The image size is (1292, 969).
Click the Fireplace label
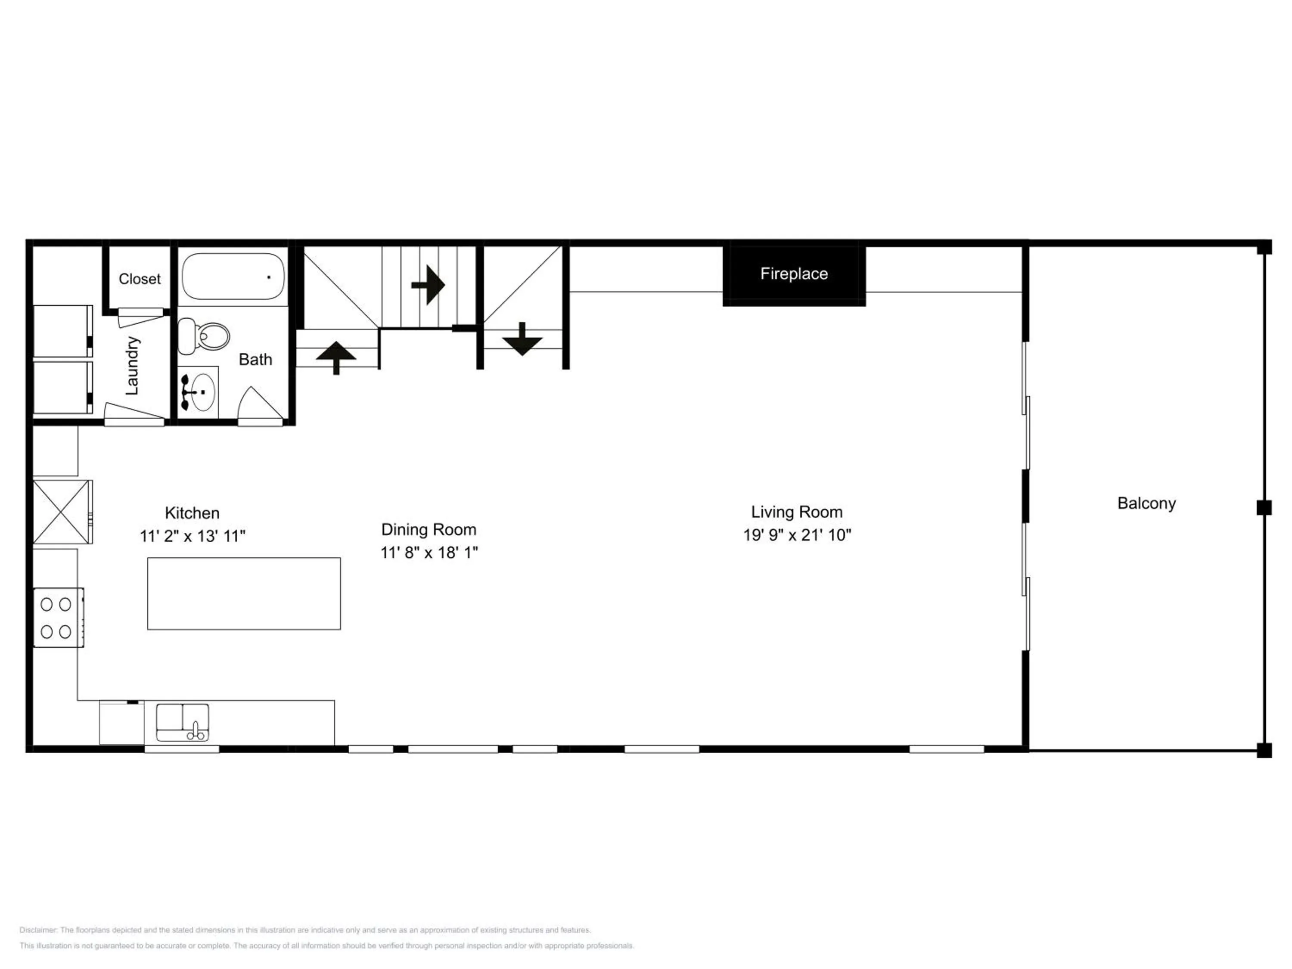[x=794, y=274]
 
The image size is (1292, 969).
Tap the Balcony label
[x=1146, y=503]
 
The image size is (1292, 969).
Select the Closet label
[x=140, y=279]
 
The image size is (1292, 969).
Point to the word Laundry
[x=133, y=366]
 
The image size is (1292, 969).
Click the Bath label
[x=255, y=359]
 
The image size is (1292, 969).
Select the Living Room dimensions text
[x=797, y=534]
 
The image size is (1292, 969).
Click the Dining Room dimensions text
[x=429, y=552]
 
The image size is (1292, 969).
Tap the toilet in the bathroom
[x=203, y=336]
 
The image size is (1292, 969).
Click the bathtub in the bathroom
[x=233, y=276]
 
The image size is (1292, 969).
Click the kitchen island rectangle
[x=244, y=593]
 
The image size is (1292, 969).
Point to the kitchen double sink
[x=182, y=723]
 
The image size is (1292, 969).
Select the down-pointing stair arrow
[x=522, y=339]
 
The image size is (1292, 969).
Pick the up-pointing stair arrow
[x=336, y=357]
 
